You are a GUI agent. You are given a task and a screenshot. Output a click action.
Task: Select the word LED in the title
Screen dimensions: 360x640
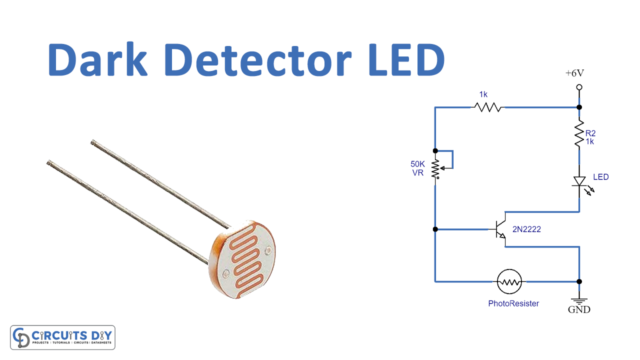(x=404, y=61)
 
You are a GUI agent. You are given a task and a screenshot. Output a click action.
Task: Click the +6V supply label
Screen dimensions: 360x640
(x=578, y=74)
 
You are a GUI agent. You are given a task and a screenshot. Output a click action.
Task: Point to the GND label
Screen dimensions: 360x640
(x=578, y=311)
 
